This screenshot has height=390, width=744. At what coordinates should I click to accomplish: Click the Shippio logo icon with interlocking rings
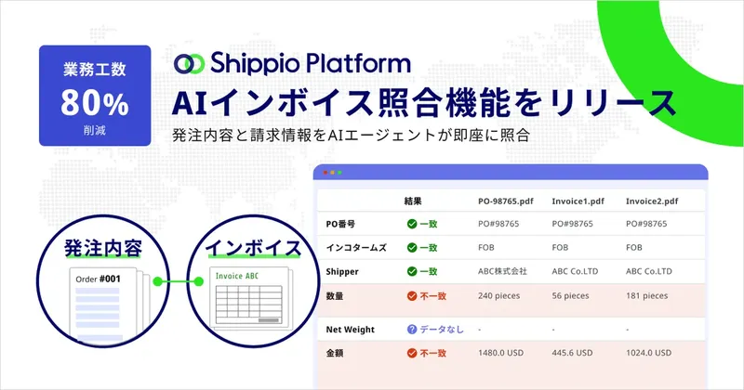(x=190, y=63)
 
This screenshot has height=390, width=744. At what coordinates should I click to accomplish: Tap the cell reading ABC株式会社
(x=502, y=272)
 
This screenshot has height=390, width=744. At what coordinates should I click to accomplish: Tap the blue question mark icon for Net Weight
(x=411, y=330)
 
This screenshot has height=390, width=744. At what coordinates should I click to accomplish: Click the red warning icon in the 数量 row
(x=411, y=296)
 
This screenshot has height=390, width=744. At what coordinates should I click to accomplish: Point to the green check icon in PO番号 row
(x=411, y=224)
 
